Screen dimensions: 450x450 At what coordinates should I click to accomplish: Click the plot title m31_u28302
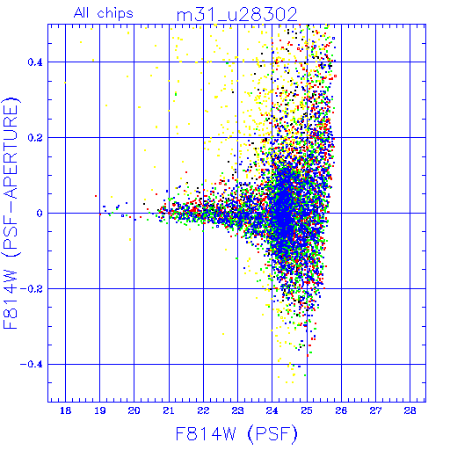pyautogui.click(x=236, y=15)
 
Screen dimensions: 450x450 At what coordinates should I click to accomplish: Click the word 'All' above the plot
pyautogui.click(x=82, y=13)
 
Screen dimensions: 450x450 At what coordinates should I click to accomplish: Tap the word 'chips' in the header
pyautogui.click(x=115, y=14)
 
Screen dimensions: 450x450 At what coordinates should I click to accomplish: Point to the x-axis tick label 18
pyautogui.click(x=65, y=410)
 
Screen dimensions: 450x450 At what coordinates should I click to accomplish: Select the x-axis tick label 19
pyautogui.click(x=100, y=410)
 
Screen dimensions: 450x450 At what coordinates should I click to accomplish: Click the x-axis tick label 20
pyautogui.click(x=134, y=410)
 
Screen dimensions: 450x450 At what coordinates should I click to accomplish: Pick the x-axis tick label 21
pyautogui.click(x=169, y=410)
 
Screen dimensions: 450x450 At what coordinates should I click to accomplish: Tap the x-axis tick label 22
pyautogui.click(x=203, y=410)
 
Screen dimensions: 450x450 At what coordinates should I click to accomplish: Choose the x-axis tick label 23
pyautogui.click(x=237, y=410)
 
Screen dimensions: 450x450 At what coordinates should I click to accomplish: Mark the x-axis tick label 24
pyautogui.click(x=272, y=410)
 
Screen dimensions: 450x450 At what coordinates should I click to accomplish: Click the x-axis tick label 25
pyautogui.click(x=307, y=410)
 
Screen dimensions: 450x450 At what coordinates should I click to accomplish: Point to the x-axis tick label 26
pyautogui.click(x=341, y=410)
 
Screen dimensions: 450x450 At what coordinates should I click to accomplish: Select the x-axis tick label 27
pyautogui.click(x=375, y=410)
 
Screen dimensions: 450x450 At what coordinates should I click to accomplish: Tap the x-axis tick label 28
pyautogui.click(x=410, y=410)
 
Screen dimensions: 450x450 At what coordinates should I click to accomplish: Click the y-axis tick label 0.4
pyautogui.click(x=35, y=62)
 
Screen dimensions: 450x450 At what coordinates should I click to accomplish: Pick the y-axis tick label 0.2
pyautogui.click(x=35, y=138)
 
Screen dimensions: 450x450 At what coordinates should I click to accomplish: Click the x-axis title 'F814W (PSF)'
pyautogui.click(x=236, y=434)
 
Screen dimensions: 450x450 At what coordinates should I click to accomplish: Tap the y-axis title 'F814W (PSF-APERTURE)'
pyautogui.click(x=11, y=213)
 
